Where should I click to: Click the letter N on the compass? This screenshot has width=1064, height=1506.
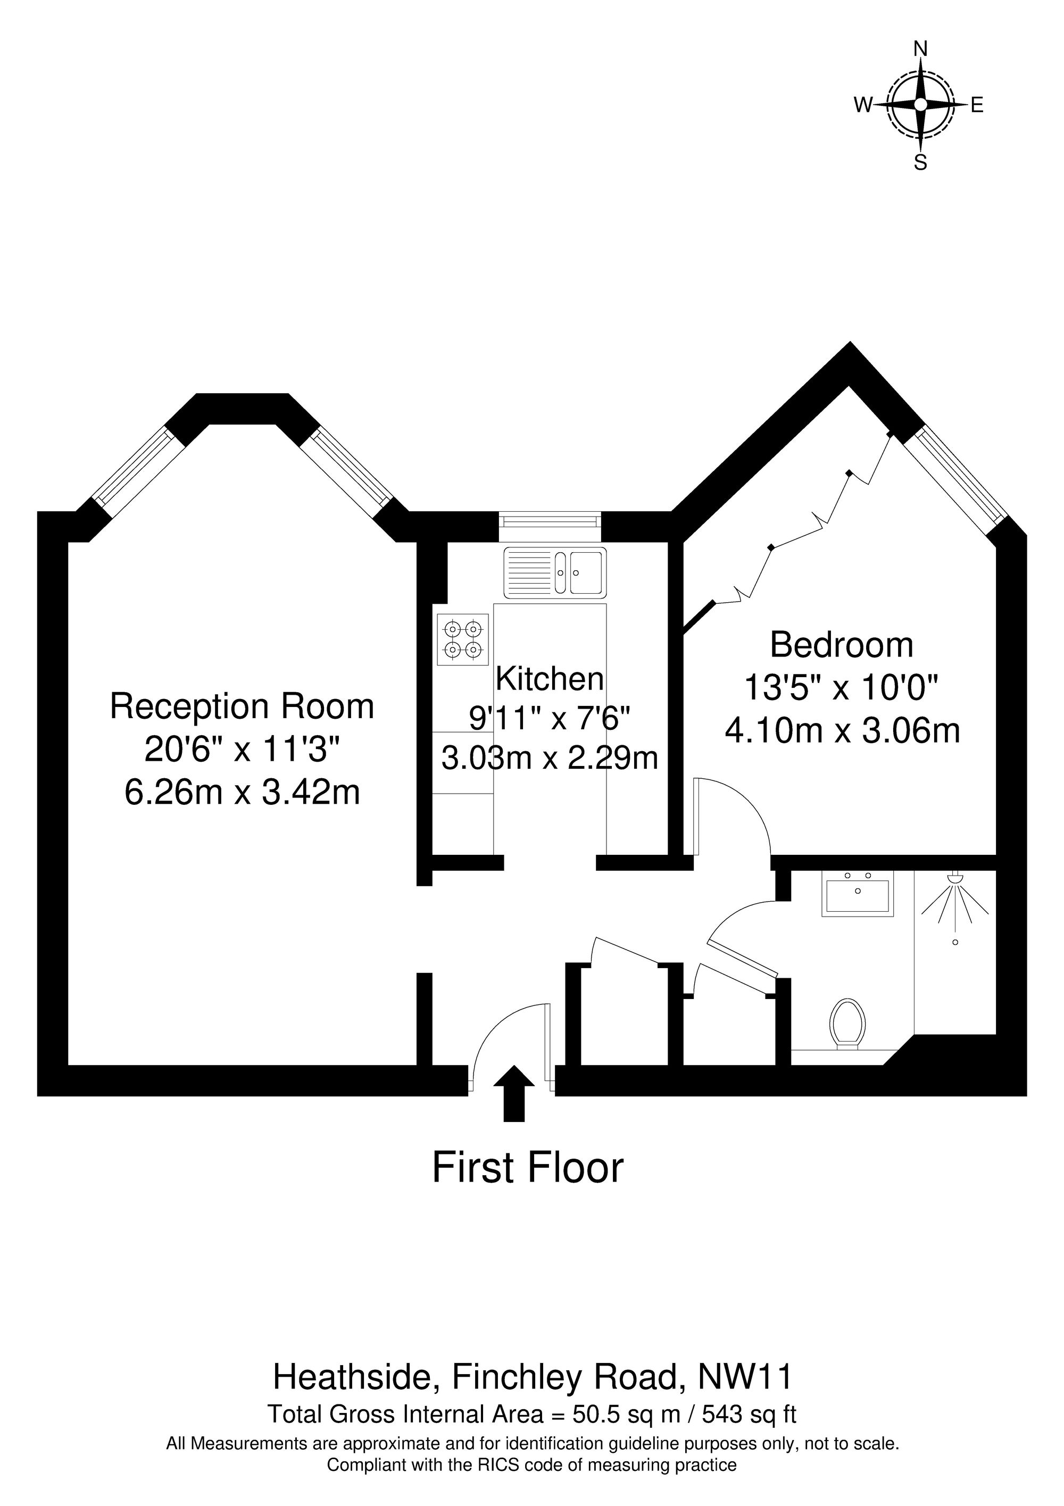[x=921, y=48]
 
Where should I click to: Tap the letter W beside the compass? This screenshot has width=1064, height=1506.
[x=862, y=104]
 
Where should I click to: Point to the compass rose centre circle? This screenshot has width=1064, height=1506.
[x=920, y=104]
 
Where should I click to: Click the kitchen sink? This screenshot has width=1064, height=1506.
[x=555, y=571]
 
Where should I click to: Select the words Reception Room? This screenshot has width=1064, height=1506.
[x=242, y=706]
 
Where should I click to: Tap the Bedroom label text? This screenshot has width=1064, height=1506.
[x=842, y=645]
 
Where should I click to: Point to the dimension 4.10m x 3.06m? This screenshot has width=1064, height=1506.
[x=842, y=731]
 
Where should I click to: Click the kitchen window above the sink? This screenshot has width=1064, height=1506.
[x=550, y=521]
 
